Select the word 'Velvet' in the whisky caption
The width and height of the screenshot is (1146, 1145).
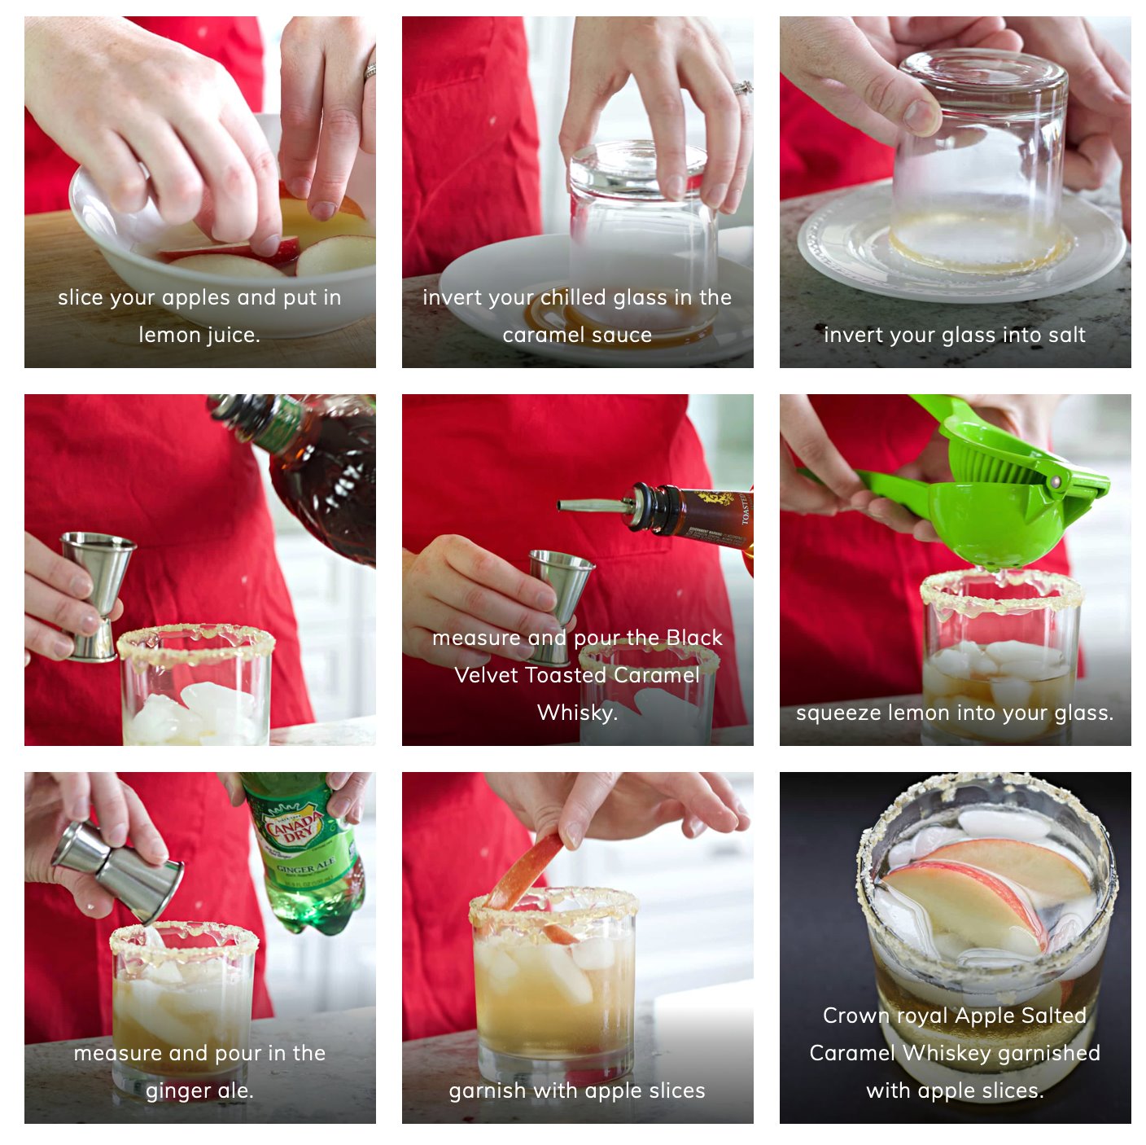click(484, 675)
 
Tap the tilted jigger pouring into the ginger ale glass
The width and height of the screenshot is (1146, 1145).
click(119, 870)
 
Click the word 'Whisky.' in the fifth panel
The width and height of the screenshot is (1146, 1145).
click(577, 713)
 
